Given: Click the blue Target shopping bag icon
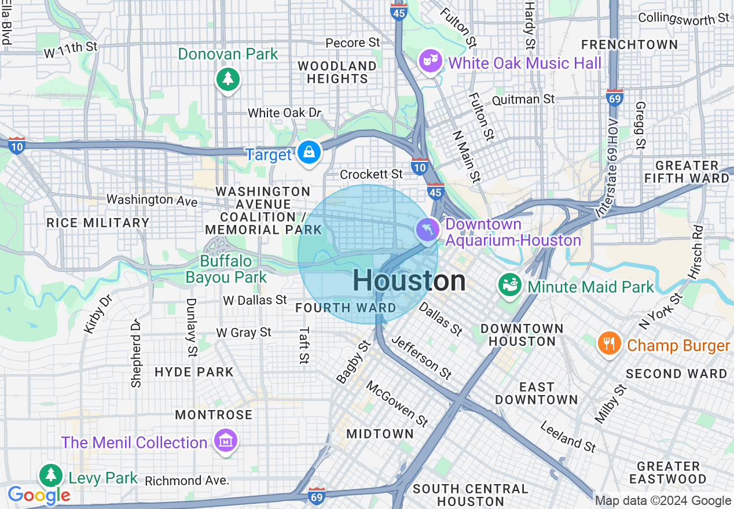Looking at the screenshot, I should [x=310, y=153].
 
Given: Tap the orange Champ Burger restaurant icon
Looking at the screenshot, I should [x=608, y=344].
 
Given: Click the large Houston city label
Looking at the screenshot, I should [x=409, y=281].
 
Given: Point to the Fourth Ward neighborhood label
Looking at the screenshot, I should [x=346, y=308].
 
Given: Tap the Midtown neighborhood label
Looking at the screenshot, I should [x=380, y=434].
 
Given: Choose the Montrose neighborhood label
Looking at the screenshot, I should [x=214, y=415].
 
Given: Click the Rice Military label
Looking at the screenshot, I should [x=98, y=223].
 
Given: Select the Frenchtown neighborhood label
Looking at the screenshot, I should [x=629, y=45].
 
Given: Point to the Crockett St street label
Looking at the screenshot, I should [x=371, y=174].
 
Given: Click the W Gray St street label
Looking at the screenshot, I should [x=244, y=333].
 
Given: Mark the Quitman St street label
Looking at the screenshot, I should [x=523, y=99].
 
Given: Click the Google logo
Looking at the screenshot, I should [x=39, y=495].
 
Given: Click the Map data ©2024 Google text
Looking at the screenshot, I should [x=663, y=501].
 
